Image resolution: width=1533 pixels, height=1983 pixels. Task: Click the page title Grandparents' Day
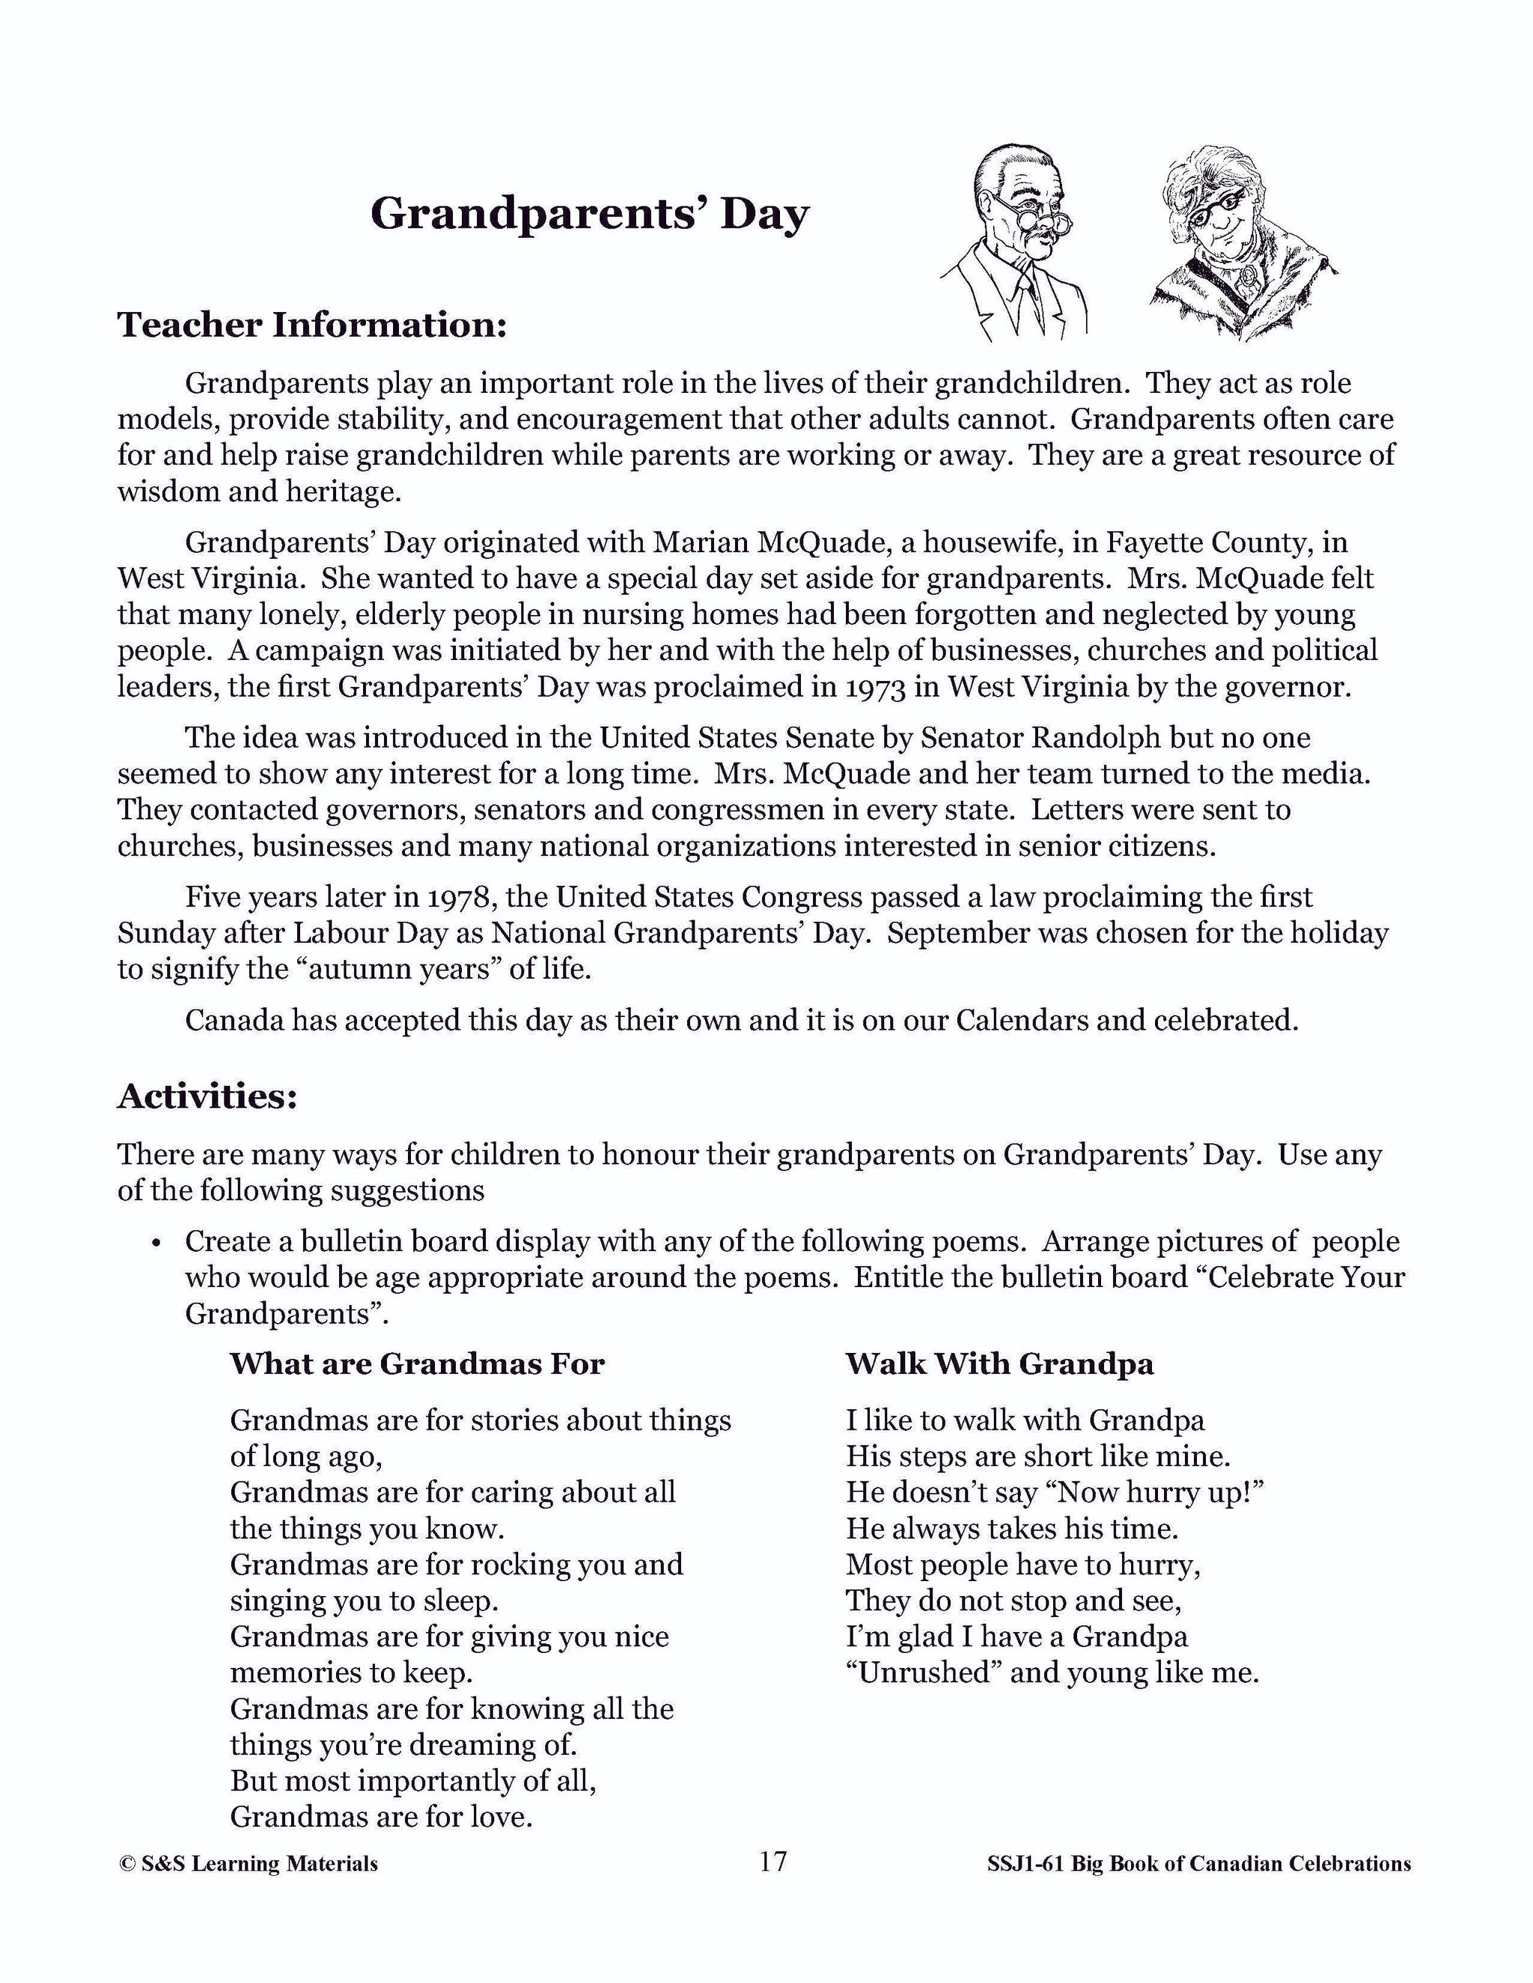click(589, 214)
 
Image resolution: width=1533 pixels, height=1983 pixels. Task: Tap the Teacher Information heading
click(311, 324)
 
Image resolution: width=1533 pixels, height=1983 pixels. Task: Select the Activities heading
click(207, 1096)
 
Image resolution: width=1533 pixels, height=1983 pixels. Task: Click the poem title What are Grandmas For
click(417, 1363)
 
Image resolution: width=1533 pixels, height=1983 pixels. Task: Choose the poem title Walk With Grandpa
click(1000, 1363)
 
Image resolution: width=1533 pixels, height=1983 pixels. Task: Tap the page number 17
click(772, 1861)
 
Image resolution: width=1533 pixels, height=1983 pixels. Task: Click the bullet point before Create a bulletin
click(157, 1243)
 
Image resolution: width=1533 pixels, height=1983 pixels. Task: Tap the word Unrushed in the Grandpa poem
click(923, 1672)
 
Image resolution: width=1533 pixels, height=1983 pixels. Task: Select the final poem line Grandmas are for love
click(380, 1817)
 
